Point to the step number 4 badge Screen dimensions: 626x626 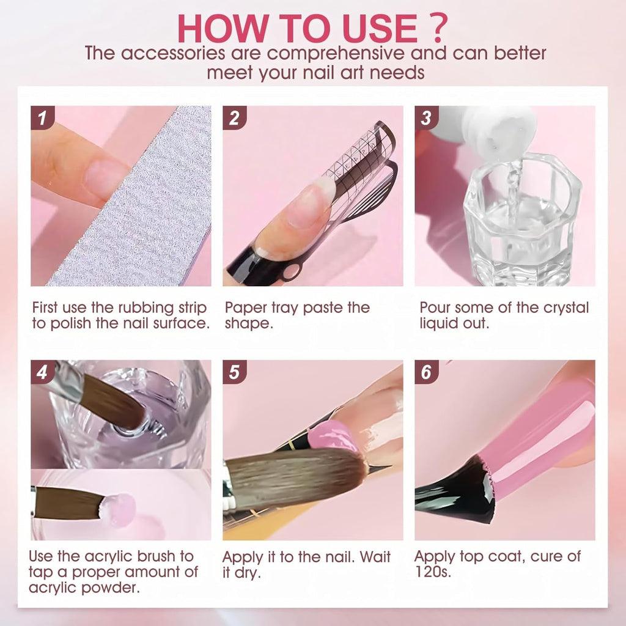pos(42,372)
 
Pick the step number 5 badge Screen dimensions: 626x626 pos(234,372)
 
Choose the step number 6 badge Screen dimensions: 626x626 pos(426,372)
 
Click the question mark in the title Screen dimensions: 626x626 pos(438,28)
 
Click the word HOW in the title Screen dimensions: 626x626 pos(221,28)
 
